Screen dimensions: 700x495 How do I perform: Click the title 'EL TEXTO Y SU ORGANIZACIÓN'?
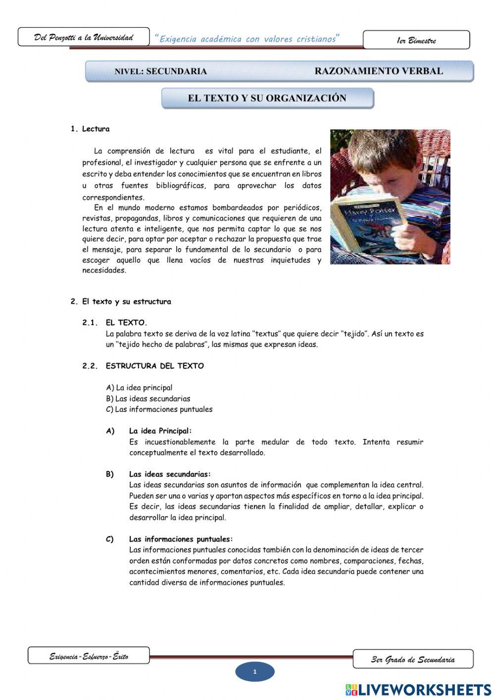(267, 98)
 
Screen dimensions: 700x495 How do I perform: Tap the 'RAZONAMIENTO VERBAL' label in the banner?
(379, 71)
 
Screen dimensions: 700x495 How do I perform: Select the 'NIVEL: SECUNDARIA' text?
(160, 71)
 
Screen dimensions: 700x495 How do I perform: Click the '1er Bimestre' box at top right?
(416, 40)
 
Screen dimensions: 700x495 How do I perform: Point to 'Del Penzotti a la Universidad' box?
(83, 37)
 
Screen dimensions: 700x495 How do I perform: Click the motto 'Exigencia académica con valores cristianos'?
(247, 39)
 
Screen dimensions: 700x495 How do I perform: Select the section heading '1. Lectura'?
(90, 129)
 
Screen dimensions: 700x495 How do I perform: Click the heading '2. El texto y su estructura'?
(121, 301)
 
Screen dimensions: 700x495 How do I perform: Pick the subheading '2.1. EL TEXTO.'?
(114, 323)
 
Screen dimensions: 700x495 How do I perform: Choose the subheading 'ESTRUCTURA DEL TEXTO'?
(154, 366)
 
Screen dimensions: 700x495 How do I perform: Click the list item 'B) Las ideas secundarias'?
(148, 398)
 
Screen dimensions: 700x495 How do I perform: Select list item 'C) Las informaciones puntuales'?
(159, 409)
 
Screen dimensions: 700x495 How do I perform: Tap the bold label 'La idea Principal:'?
(160, 431)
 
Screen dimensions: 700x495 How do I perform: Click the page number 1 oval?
(254, 672)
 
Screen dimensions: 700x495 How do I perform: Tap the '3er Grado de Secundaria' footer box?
(412, 659)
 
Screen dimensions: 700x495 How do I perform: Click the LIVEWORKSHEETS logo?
(418, 689)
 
